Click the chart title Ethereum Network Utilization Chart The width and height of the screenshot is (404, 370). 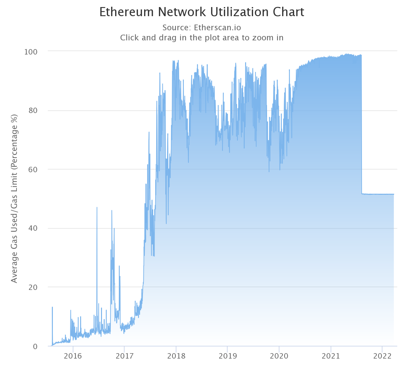(202, 12)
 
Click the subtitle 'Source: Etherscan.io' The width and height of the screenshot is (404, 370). (202, 28)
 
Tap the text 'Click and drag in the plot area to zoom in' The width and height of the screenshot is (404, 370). (202, 38)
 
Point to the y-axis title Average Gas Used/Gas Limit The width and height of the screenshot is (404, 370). (14, 198)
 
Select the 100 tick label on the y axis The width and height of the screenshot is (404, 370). (30, 52)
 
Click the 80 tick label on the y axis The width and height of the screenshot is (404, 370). (32, 111)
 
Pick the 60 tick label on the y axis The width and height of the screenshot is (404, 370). (32, 170)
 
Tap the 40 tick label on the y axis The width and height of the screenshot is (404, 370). (32, 228)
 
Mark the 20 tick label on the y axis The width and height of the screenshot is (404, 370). (32, 287)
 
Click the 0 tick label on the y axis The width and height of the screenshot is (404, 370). (35, 346)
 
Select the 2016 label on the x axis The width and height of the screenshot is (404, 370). (73, 356)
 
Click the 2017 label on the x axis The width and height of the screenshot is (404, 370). (124, 356)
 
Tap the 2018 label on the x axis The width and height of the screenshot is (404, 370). (176, 356)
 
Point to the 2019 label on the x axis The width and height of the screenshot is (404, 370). (228, 356)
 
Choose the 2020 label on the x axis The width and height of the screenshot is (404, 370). (279, 356)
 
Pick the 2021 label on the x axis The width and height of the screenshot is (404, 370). (331, 356)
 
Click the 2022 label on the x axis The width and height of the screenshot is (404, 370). (382, 356)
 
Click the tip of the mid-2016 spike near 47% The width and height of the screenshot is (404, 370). (97, 208)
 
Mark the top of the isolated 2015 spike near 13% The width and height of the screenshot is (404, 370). (52, 307)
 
